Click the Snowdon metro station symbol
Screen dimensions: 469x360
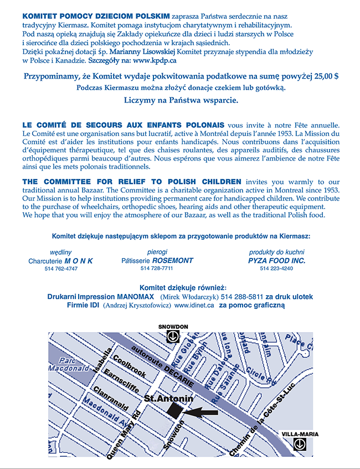tap(173, 336)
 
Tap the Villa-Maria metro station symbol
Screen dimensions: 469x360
tap(300, 444)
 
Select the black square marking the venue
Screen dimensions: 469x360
tap(174, 410)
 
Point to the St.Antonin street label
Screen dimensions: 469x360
tap(168, 398)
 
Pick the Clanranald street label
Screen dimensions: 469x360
tap(111, 398)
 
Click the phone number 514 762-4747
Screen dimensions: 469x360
tap(61, 269)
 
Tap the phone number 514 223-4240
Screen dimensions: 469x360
tap(276, 269)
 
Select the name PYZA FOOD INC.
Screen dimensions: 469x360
tap(276, 260)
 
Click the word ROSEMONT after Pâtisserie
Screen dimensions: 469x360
tap(173, 260)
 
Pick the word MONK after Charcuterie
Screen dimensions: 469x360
tap(79, 261)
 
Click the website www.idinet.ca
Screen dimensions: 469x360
tap(194, 305)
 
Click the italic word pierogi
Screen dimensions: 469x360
tap(157, 252)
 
